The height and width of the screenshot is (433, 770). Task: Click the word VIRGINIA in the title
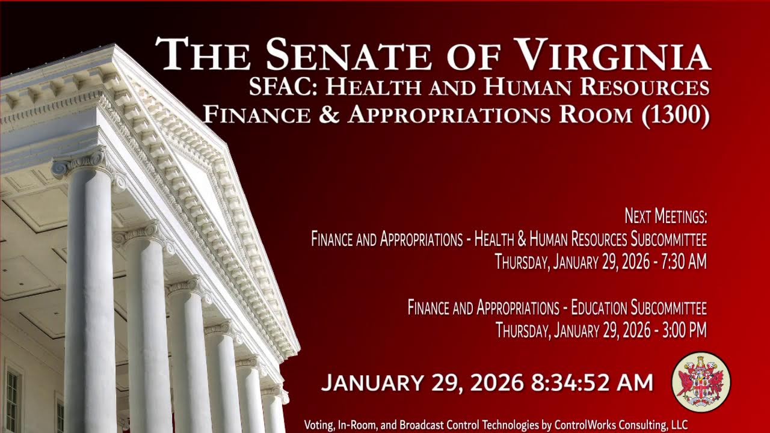(x=614, y=54)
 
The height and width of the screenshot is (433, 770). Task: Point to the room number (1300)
(x=676, y=114)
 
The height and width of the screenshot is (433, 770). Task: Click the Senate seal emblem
(x=701, y=382)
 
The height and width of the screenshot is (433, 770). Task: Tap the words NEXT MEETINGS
(x=665, y=216)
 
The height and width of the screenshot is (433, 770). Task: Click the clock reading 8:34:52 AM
(x=592, y=383)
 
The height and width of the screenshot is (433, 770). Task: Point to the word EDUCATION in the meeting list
(x=599, y=309)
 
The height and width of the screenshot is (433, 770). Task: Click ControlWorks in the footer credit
(x=582, y=425)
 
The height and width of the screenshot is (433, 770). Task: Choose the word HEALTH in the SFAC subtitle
(x=374, y=88)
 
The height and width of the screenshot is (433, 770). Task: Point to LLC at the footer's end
(x=679, y=425)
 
